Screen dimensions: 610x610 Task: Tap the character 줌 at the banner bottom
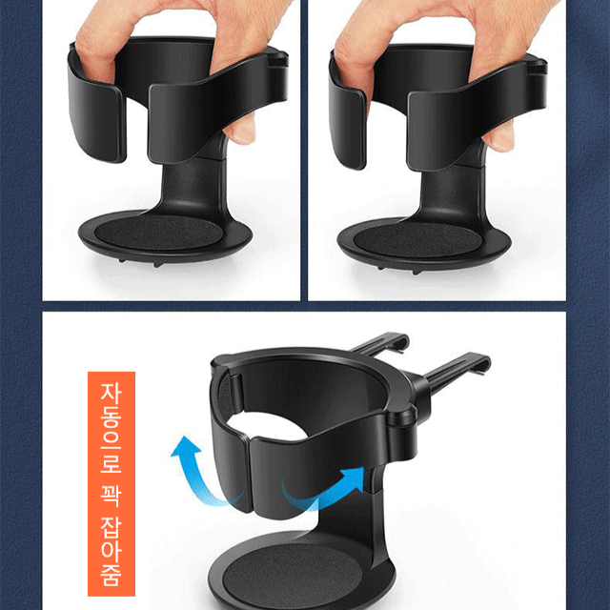[x=112, y=574]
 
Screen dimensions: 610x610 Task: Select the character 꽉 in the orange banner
[x=112, y=496]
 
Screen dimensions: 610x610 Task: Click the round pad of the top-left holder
[x=159, y=233]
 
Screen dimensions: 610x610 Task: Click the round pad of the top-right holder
[x=417, y=239]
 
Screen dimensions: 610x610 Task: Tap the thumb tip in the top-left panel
[x=242, y=132]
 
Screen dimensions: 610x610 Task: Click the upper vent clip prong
[x=381, y=343]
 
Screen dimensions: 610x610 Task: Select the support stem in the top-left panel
[x=193, y=183]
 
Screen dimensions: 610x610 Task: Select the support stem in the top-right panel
[x=451, y=191]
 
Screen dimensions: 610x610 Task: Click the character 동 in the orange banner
[x=112, y=417]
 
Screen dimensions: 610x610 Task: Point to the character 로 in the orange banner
[x=112, y=461]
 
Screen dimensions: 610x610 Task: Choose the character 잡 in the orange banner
[x=112, y=528]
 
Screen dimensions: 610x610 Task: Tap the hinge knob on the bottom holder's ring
[x=400, y=420]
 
